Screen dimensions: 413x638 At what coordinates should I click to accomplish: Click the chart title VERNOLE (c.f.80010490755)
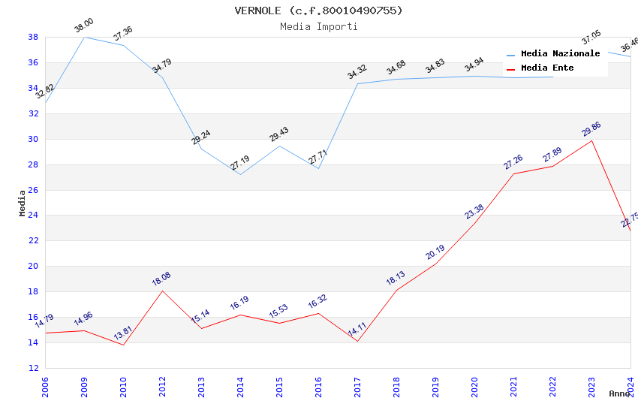pos(319,11)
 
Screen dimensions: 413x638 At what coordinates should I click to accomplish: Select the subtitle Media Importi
pos(319,26)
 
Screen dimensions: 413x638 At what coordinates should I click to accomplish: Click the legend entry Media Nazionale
pos(560,53)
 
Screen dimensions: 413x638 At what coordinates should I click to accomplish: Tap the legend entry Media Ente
pos(547,68)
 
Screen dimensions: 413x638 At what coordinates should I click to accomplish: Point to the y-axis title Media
pos(23,203)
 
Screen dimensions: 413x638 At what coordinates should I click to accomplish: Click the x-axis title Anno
pos(619,393)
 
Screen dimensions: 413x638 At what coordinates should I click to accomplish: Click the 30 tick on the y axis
pos(33,139)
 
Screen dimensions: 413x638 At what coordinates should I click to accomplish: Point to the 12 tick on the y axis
pos(33,368)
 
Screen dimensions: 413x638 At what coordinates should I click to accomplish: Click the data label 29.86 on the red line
pos(591,129)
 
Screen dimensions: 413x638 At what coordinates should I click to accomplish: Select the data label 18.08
pos(161,279)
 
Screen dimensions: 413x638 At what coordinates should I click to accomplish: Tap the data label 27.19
pos(240,163)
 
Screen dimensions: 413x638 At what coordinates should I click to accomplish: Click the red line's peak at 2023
pos(592,140)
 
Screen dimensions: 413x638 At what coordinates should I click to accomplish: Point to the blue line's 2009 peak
pos(84,37)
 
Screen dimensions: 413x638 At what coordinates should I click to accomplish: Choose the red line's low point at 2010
pos(123,345)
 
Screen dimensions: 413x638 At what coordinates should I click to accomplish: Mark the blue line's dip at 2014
pos(240,174)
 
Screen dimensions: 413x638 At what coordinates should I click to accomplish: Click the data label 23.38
pos(474,212)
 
